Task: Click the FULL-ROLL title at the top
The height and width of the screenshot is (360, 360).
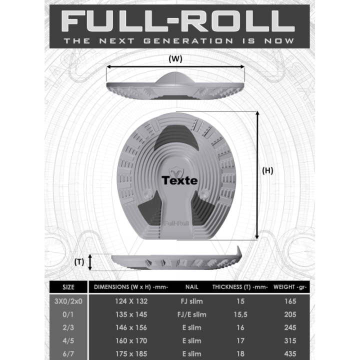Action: tap(178, 20)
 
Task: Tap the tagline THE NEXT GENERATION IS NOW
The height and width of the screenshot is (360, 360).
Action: tap(178, 40)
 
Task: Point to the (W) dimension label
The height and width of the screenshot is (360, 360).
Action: tap(175, 58)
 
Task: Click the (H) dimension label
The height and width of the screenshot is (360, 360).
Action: tap(268, 170)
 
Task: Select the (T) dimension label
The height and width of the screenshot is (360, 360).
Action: tap(79, 261)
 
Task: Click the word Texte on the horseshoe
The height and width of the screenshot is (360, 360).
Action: tap(179, 180)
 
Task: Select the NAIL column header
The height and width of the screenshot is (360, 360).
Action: tap(192, 287)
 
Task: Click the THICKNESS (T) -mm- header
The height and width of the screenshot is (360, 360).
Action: tap(240, 287)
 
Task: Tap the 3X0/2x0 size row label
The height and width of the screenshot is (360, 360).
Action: tap(68, 301)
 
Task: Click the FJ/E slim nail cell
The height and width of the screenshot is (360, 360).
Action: tap(192, 314)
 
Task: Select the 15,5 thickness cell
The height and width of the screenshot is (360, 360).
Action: tap(240, 314)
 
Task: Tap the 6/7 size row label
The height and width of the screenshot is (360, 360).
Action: tap(68, 353)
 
